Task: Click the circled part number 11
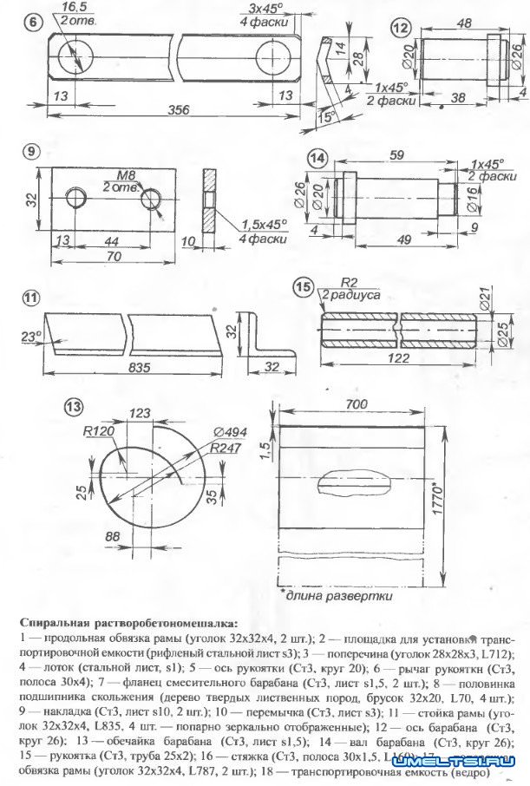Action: click(32, 299)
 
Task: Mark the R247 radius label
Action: click(223, 449)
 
